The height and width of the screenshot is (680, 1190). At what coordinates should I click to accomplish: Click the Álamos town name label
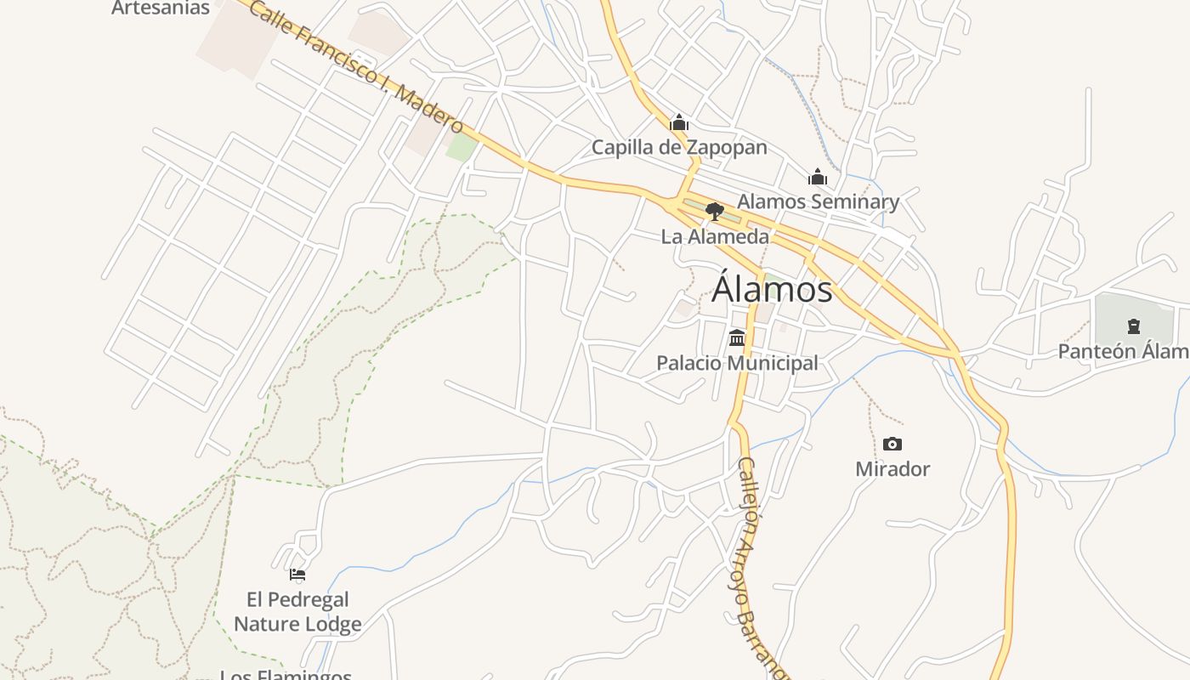[772, 289]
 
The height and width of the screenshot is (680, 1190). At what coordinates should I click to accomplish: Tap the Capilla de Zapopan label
[679, 148]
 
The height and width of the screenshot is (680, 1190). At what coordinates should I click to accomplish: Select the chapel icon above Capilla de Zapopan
[678, 123]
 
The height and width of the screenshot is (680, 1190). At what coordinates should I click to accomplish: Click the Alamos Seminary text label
[818, 201]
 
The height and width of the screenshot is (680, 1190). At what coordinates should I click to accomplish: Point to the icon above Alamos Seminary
[818, 177]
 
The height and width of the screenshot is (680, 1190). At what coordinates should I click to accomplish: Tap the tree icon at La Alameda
[715, 212]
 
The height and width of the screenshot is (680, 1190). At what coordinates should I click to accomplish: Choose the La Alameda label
[715, 236]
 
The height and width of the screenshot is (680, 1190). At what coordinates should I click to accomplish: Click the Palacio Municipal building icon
[737, 337]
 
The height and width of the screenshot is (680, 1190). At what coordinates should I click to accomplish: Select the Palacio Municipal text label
[737, 363]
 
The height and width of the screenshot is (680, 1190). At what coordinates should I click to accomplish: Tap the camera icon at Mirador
[892, 444]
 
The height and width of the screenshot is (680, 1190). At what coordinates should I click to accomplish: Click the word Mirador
[892, 468]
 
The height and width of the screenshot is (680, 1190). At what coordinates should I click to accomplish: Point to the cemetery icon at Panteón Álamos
[1133, 326]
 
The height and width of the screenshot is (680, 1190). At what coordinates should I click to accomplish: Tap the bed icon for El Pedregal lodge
[297, 575]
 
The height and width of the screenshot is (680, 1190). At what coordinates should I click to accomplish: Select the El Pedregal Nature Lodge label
[297, 612]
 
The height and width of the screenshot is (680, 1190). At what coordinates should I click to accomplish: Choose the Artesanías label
[161, 8]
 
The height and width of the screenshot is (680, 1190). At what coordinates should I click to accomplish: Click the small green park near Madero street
[462, 147]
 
